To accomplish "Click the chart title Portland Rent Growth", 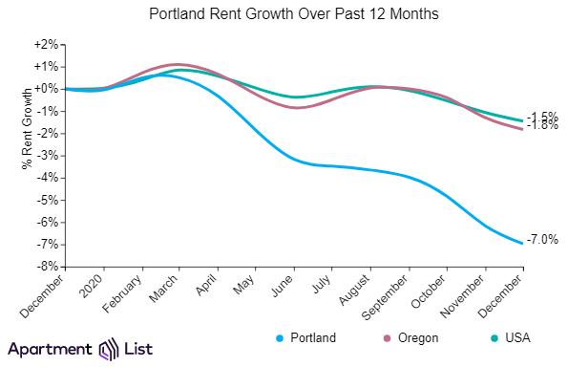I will click(x=284, y=15).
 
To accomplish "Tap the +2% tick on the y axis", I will click(x=47, y=45).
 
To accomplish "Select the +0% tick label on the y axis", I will click(x=47, y=89).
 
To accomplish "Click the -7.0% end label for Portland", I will click(x=543, y=240).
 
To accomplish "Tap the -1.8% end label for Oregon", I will click(x=543, y=125).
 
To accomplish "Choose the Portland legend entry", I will click(x=306, y=338).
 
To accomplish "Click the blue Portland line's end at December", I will click(x=522, y=243).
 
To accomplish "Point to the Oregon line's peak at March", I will click(x=177, y=64).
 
